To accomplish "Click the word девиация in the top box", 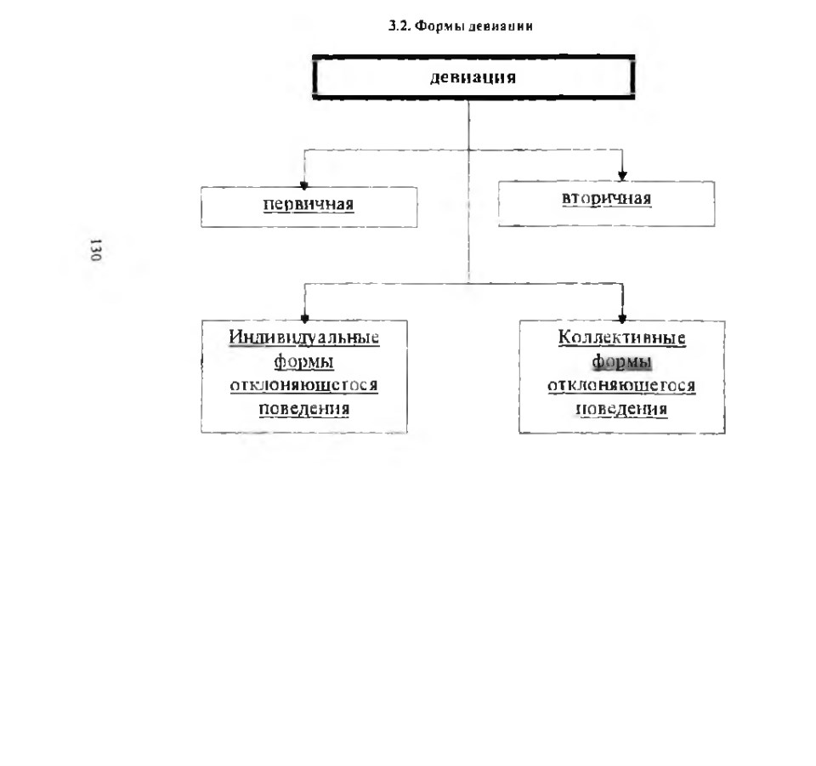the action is [x=473, y=77].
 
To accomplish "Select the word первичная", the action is [x=309, y=204].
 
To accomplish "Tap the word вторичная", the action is [x=606, y=199].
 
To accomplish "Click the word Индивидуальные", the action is [x=304, y=338].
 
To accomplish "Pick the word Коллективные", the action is [x=622, y=338].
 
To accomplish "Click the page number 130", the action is [x=95, y=250].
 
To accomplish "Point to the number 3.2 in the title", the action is [x=399, y=26].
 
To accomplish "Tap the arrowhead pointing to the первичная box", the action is [x=304, y=185].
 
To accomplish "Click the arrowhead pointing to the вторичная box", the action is [x=622, y=176].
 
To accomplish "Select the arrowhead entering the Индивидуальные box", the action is [x=305, y=319].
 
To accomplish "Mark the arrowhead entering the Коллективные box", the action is [x=622, y=318].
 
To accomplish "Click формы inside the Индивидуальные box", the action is [x=304, y=361].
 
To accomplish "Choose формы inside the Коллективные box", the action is [x=622, y=361].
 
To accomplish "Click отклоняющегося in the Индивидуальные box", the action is [x=304, y=386].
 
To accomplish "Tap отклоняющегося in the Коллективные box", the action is [x=621, y=386].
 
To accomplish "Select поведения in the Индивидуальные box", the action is [x=304, y=409].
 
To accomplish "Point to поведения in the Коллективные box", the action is [x=621, y=409].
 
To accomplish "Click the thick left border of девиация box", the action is [x=314, y=77].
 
